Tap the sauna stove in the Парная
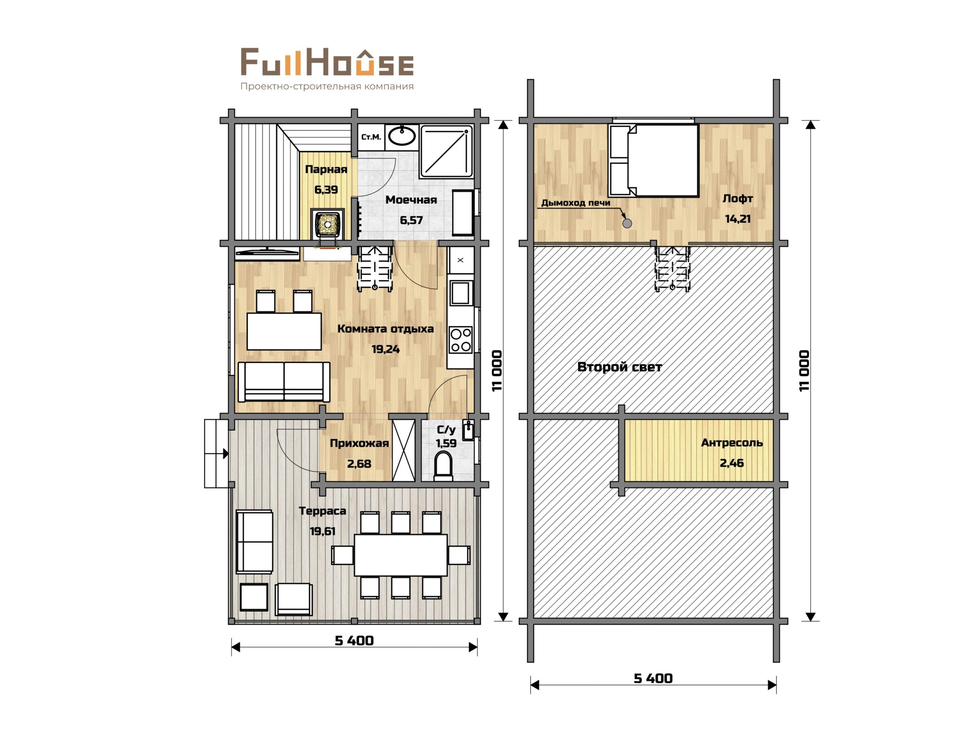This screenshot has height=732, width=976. point(328,224)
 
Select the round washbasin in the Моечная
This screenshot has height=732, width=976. point(402,136)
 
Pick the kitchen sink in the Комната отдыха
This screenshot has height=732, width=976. point(460,292)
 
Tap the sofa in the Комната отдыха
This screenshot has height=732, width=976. point(284,382)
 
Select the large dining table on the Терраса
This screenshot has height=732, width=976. point(401,555)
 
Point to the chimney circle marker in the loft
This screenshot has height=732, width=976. point(627,224)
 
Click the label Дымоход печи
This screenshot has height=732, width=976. point(575,203)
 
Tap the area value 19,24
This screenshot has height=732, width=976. point(385,349)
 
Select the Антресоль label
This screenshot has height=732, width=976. point(732,442)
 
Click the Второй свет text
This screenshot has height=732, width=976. point(619,367)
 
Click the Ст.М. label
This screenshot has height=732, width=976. point(371,137)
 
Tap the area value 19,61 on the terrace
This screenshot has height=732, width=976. point(323,531)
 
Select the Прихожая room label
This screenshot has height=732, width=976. point(359,443)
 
